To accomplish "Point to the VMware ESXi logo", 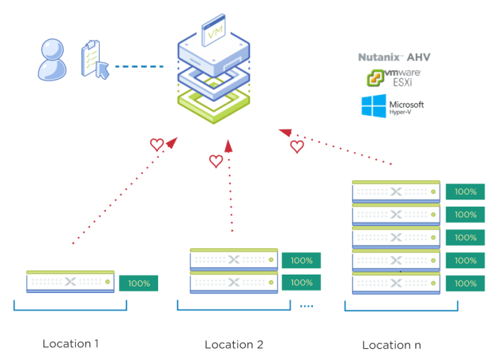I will click(393, 77).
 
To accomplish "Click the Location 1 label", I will click(71, 344).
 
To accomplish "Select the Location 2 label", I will click(234, 345).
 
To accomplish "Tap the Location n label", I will click(392, 345).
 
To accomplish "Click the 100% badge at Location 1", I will click(139, 283).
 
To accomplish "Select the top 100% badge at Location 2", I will click(301, 260).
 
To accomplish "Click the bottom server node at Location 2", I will click(234, 282).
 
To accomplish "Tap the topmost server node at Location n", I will click(396, 192).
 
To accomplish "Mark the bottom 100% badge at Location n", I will click(465, 283).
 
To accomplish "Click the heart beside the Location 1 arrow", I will click(157, 145).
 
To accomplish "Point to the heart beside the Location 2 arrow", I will click(215, 161).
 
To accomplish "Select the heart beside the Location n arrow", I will click(297, 147).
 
